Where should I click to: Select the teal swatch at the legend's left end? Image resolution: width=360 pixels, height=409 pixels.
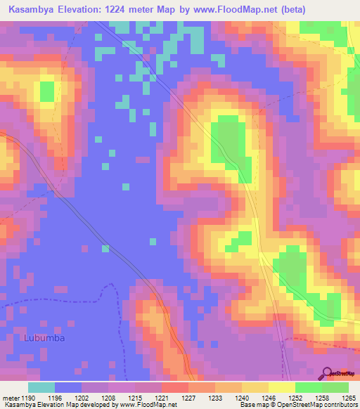41,387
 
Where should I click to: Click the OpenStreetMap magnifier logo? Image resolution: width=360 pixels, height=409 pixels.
328,373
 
